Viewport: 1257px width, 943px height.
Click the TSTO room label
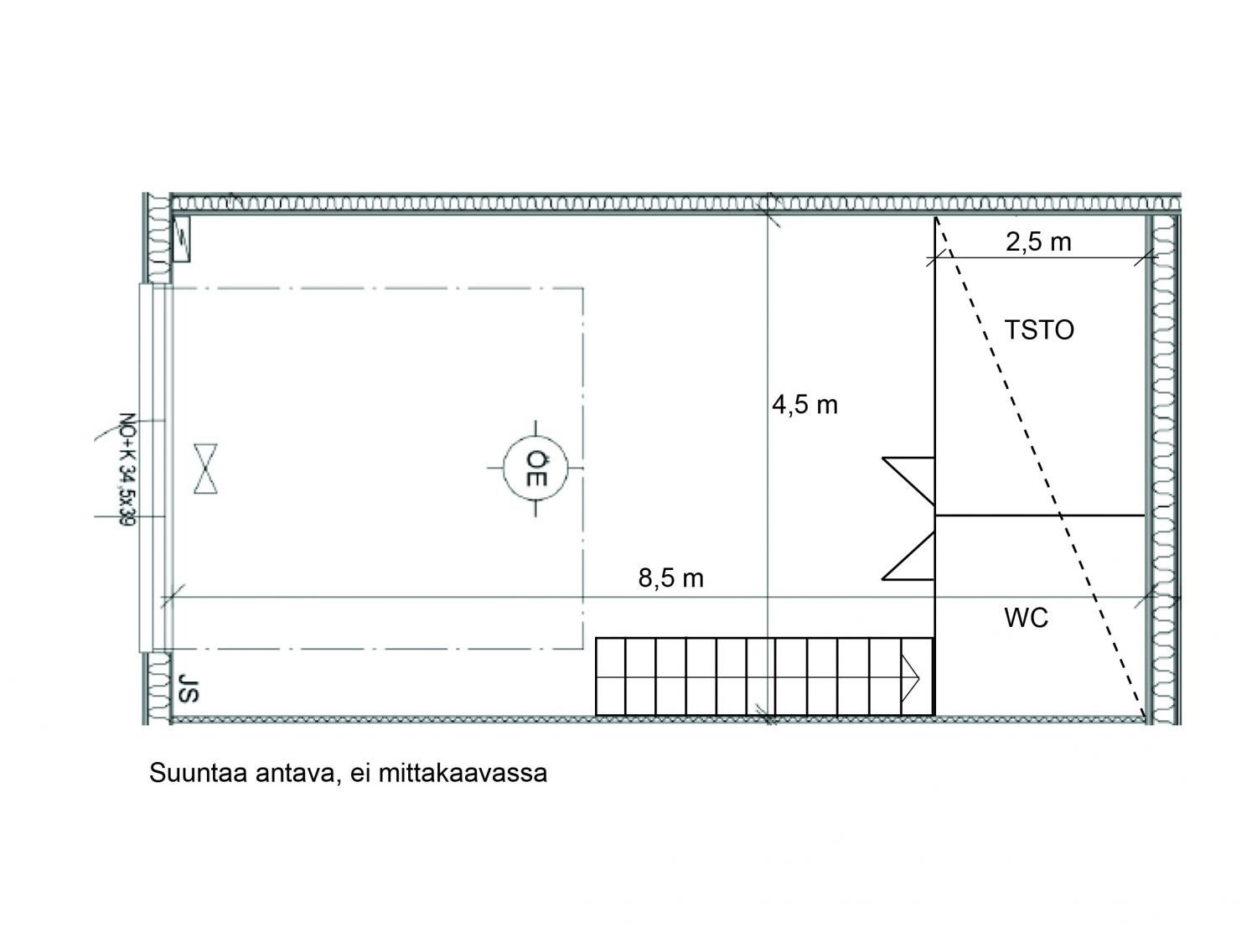(x=1039, y=330)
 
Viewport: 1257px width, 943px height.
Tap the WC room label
(x=1027, y=618)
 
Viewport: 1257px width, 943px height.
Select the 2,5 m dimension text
(x=1038, y=242)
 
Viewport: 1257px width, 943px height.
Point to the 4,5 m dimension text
(x=804, y=406)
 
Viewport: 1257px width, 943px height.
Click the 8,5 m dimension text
(x=670, y=578)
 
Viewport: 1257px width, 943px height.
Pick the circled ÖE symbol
(x=535, y=468)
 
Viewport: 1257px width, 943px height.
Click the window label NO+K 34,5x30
(x=127, y=469)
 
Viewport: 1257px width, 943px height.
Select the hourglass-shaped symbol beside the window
(x=205, y=469)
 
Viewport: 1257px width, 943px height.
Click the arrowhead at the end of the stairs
(x=910, y=678)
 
